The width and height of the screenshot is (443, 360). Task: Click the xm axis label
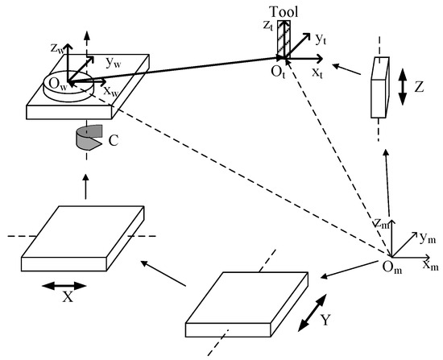[x=431, y=264]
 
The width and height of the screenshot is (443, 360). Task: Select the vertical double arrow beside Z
[x=401, y=85]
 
